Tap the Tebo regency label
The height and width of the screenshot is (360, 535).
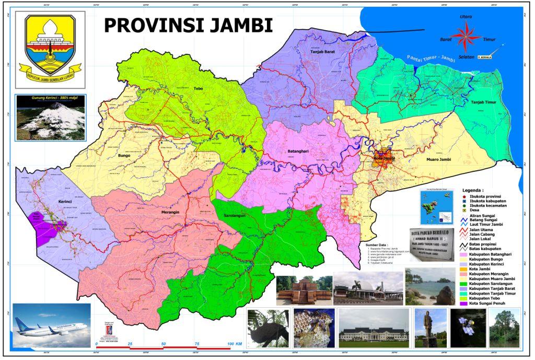198,88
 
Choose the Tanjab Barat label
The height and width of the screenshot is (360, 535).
323,52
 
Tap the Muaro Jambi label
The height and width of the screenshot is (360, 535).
438,159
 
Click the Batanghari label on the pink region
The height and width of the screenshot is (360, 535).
299,152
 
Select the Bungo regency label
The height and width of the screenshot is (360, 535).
124,156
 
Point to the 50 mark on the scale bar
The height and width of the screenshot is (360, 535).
164,344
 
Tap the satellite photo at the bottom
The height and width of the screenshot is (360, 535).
466,328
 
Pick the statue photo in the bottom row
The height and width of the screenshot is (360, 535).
430,328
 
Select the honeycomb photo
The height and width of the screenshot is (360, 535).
310,328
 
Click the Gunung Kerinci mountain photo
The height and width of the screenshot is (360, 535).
50,118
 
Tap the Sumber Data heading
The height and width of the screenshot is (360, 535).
378,243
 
